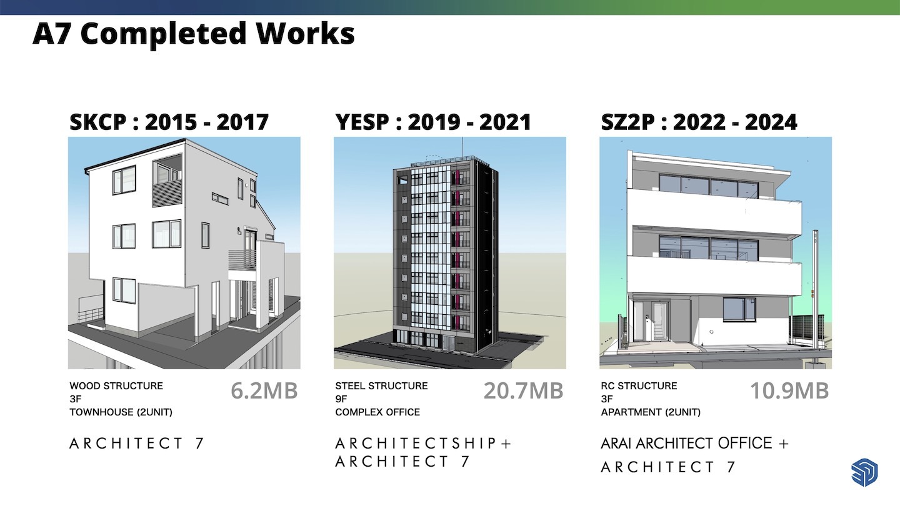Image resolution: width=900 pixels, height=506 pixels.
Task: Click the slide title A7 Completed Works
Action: [193, 34]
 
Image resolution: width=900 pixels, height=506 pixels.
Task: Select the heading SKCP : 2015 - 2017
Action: [169, 122]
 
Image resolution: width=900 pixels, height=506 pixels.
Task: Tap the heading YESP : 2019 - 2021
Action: [433, 122]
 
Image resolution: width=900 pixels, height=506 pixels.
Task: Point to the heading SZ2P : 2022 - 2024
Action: [699, 122]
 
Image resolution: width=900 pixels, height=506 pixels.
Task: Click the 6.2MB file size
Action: [264, 391]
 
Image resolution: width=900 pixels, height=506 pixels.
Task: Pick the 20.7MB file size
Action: [524, 391]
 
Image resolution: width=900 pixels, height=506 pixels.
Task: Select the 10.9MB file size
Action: [789, 391]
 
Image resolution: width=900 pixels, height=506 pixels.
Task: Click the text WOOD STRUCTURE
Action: [116, 386]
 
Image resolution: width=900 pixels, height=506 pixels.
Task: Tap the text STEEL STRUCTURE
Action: [382, 386]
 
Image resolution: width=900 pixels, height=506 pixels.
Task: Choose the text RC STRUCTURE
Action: [639, 386]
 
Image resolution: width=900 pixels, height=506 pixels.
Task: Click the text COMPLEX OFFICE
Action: [377, 412]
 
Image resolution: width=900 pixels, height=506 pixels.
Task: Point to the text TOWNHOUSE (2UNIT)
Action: [121, 412]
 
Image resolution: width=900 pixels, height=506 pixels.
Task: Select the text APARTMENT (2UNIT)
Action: [651, 412]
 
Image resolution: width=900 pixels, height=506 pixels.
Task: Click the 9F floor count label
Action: [341, 399]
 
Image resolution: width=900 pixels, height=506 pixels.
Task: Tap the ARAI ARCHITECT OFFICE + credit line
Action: [695, 444]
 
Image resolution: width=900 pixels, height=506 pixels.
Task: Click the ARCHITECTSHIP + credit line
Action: [423, 444]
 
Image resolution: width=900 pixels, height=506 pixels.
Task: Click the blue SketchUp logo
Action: [864, 472]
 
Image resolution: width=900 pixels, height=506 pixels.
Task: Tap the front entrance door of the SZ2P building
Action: [659, 321]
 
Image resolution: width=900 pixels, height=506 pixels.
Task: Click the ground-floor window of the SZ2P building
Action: [739, 310]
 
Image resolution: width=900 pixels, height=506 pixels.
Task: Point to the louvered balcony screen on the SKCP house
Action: [167, 193]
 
